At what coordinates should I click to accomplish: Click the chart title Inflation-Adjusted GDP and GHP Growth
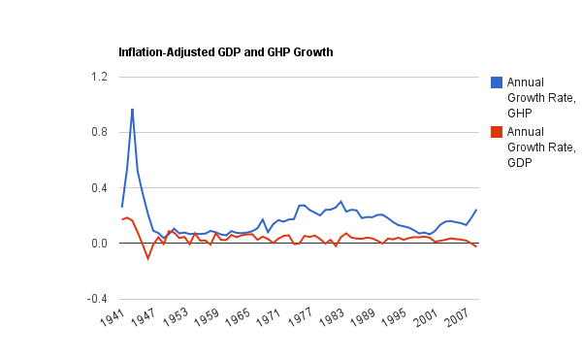point(225,50)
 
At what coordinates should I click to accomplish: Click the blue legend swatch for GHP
point(496,82)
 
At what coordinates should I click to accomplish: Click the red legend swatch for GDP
point(496,133)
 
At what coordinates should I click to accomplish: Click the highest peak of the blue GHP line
point(132,109)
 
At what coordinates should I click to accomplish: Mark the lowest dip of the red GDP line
point(147,259)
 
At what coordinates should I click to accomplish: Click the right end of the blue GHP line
point(476,210)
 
